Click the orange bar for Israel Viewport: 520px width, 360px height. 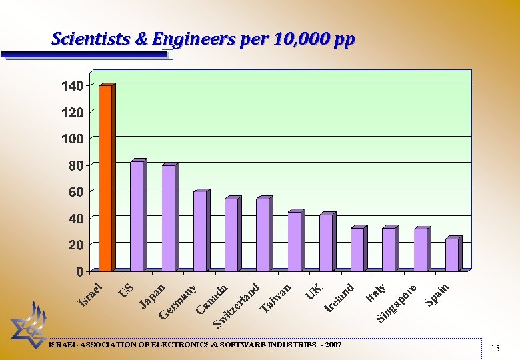(105, 178)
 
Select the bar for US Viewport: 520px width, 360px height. (137, 216)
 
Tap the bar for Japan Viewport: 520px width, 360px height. (168, 218)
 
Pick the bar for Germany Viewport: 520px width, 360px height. (199, 231)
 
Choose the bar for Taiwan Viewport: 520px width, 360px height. (294, 241)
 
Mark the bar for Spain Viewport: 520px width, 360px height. (451, 254)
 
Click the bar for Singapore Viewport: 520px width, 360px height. (420, 249)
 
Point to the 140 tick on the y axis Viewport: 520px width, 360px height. (72, 86)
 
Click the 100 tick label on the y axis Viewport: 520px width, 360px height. (72, 139)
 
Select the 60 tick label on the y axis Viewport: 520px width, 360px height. (75, 191)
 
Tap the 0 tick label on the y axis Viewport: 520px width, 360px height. (79, 271)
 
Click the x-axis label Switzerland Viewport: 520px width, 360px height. (236, 306)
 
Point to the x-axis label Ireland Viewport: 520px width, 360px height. (339, 297)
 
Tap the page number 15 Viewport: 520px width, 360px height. (495, 348)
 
